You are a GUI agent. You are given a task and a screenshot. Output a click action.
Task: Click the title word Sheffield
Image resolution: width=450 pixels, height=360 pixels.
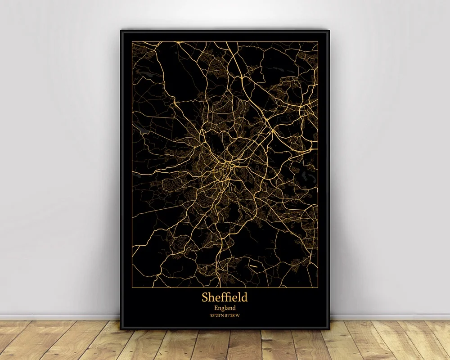pyautogui.click(x=225, y=297)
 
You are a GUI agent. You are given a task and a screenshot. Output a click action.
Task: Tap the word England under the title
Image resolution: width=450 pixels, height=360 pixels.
pyautogui.click(x=225, y=307)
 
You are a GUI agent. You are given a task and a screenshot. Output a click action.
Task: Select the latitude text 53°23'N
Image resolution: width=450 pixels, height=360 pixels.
pyautogui.click(x=216, y=315)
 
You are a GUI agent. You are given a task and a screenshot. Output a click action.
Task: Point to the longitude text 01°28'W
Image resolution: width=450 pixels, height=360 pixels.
pyautogui.click(x=233, y=315)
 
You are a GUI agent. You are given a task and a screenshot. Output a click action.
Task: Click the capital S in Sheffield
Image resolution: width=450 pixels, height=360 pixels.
pyautogui.click(x=205, y=297)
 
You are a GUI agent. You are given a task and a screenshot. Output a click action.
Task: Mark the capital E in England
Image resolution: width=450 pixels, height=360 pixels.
pyautogui.click(x=215, y=307)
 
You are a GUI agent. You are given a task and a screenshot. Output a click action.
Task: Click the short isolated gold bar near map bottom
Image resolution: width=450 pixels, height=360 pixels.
pyautogui.click(x=254, y=267)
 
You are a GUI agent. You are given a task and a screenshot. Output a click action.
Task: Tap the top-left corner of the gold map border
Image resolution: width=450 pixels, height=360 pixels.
pyautogui.click(x=132, y=41)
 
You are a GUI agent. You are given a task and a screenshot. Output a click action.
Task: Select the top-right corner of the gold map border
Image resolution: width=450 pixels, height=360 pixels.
pyautogui.click(x=318, y=41)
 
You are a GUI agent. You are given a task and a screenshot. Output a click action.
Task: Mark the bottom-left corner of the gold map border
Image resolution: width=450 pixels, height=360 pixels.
pyautogui.click(x=132, y=287)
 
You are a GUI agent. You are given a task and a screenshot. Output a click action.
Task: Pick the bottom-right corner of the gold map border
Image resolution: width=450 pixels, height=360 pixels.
pyautogui.click(x=318, y=287)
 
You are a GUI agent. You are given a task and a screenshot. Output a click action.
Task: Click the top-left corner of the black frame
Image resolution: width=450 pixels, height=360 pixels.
pyautogui.click(x=121, y=30)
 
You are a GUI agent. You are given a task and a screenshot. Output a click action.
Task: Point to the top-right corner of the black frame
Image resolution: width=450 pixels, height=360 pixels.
pyautogui.click(x=329, y=30)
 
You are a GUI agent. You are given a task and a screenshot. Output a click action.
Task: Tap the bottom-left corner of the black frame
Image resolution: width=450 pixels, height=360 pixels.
pyautogui.click(x=121, y=329)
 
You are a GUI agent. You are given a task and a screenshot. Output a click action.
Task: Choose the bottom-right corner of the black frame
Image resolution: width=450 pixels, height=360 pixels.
pyautogui.click(x=329, y=329)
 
